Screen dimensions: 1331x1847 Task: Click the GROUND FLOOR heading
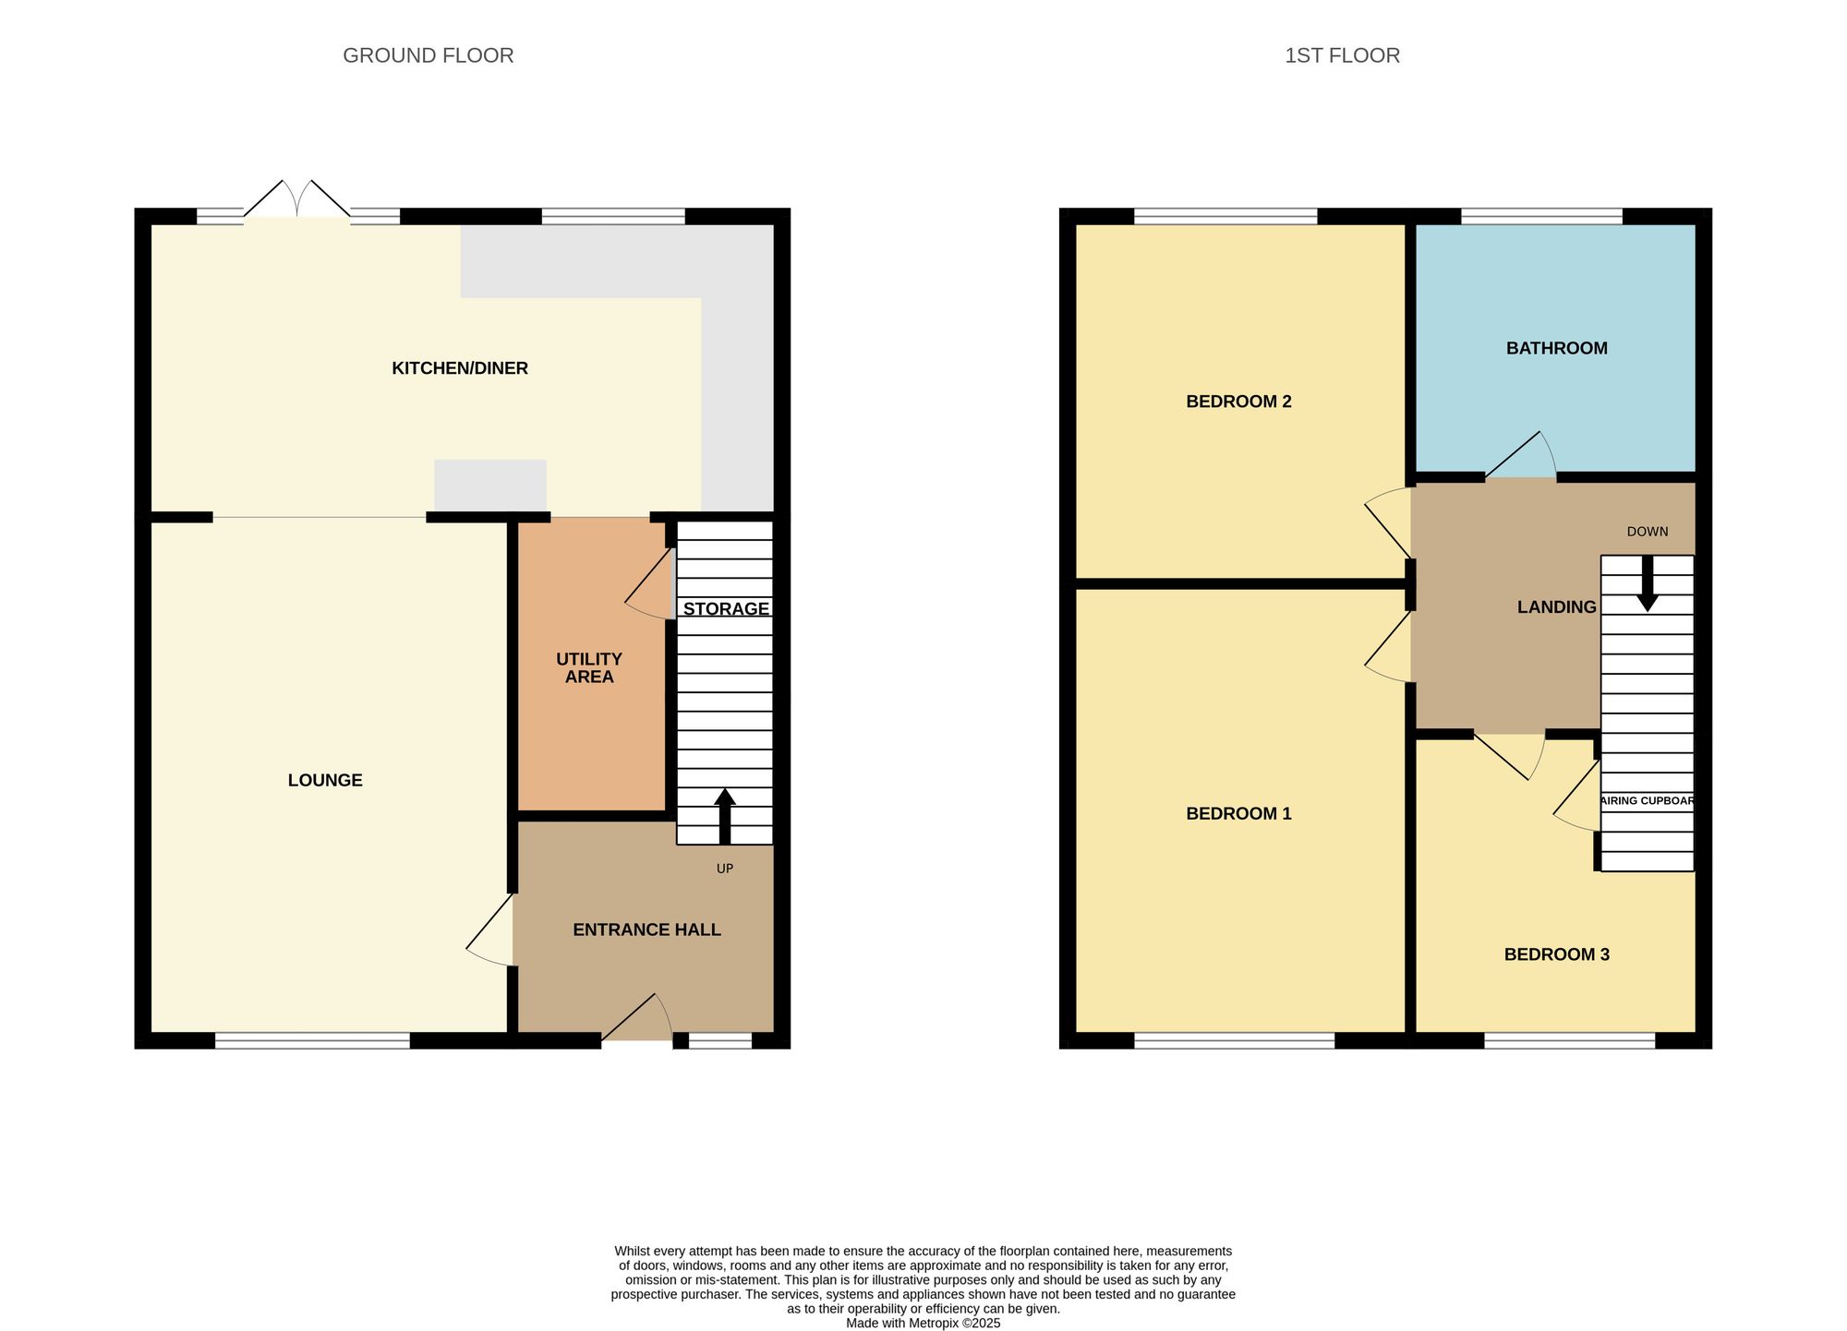[x=428, y=55]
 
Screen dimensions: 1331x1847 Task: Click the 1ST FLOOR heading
[x=1342, y=55]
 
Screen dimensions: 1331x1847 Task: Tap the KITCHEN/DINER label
[x=460, y=368]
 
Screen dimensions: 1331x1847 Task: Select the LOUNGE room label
[x=325, y=780]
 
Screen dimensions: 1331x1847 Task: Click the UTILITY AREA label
[x=589, y=667]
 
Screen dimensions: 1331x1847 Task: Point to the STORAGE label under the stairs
[x=726, y=608]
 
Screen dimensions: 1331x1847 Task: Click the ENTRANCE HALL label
[x=646, y=929]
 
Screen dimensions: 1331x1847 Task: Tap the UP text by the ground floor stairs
[x=725, y=869]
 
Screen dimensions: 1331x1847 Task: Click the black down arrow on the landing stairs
[x=1648, y=585]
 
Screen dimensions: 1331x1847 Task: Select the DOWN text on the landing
[x=1648, y=532]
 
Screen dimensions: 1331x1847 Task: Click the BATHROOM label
[x=1556, y=348]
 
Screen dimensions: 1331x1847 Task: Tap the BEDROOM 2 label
[x=1238, y=402]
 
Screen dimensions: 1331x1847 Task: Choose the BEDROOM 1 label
[x=1238, y=813]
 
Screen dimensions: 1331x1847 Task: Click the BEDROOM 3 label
[x=1556, y=954]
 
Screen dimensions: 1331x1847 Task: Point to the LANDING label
[x=1556, y=606]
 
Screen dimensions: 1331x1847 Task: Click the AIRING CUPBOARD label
[x=1648, y=800]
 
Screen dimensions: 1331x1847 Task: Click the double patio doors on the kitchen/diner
[x=297, y=199]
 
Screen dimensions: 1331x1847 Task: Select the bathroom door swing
[x=1524, y=458]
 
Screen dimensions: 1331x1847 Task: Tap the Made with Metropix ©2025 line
[x=923, y=1323]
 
